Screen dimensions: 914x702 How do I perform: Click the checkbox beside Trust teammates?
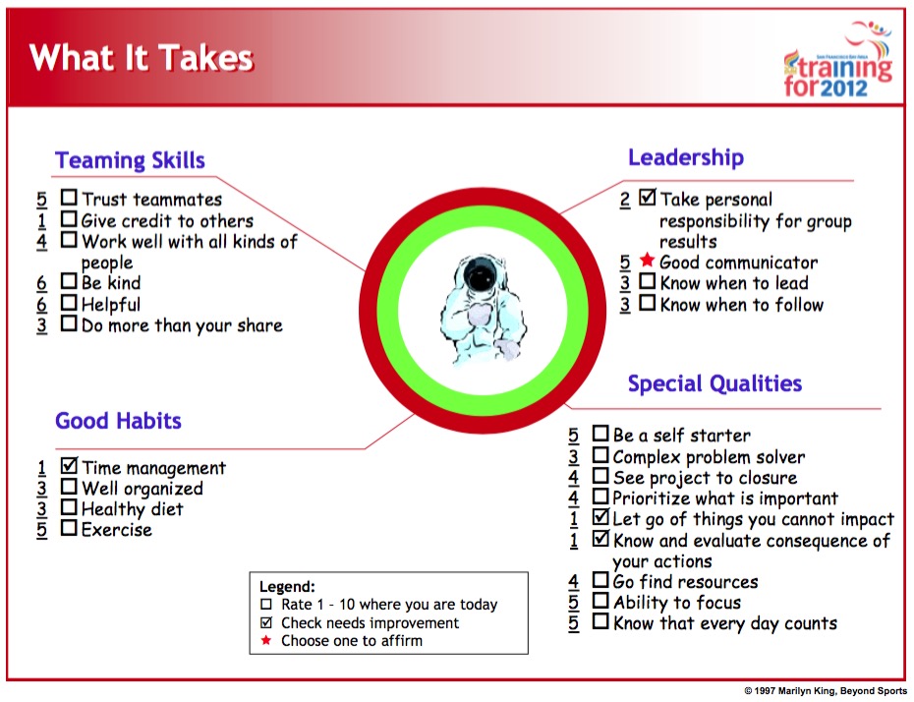pyautogui.click(x=69, y=197)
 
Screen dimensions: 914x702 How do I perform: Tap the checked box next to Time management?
pyautogui.click(x=69, y=465)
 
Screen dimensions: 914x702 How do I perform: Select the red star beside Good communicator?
pyautogui.click(x=647, y=260)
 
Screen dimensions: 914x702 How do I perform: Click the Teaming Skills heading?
pyautogui.click(x=130, y=160)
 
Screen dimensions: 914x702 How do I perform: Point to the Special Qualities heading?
pyautogui.click(x=714, y=383)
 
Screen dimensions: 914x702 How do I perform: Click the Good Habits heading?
pyautogui.click(x=118, y=421)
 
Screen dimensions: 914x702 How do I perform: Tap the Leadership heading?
pyautogui.click(x=686, y=157)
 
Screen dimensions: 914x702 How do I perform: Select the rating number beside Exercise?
pyautogui.click(x=41, y=530)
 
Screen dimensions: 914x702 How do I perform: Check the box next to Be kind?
pyautogui.click(x=69, y=281)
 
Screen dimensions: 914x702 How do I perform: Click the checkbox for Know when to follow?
pyautogui.click(x=647, y=303)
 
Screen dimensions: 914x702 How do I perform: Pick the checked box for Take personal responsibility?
pyautogui.click(x=647, y=197)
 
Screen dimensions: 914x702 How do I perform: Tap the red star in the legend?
pyautogui.click(x=265, y=640)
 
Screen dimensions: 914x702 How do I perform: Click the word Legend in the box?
pyautogui.click(x=287, y=587)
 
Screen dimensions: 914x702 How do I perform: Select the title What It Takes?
pyautogui.click(x=142, y=58)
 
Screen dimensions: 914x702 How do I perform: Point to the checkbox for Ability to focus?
pyautogui.click(x=600, y=600)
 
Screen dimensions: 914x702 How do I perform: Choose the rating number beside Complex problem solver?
pyautogui.click(x=574, y=457)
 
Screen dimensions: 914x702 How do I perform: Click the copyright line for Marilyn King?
pyautogui.click(x=826, y=691)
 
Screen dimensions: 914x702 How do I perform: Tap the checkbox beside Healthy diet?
pyautogui.click(x=69, y=506)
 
